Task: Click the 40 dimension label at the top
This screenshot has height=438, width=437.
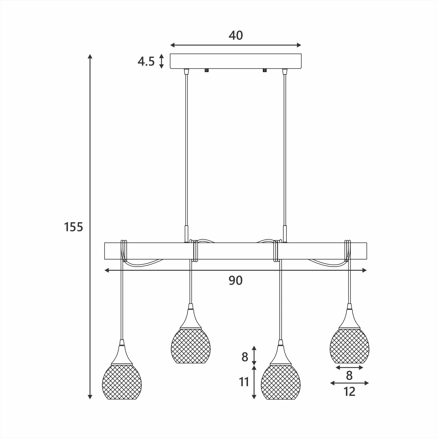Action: point(236,36)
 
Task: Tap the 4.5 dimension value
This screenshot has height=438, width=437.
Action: point(146,61)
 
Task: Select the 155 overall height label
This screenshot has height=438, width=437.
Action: point(73,227)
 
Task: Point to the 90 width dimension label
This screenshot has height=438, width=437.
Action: point(236,281)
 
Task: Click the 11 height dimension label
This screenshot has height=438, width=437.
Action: point(244,382)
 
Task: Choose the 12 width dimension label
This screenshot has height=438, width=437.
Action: point(349,392)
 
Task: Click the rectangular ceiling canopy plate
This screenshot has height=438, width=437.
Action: point(236,61)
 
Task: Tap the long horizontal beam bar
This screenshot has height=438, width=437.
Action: point(236,251)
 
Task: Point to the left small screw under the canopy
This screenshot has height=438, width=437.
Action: point(207,70)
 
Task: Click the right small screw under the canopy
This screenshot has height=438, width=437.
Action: point(265,70)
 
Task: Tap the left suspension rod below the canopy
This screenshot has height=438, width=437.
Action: point(187,151)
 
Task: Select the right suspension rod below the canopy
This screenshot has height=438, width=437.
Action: point(284,151)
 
